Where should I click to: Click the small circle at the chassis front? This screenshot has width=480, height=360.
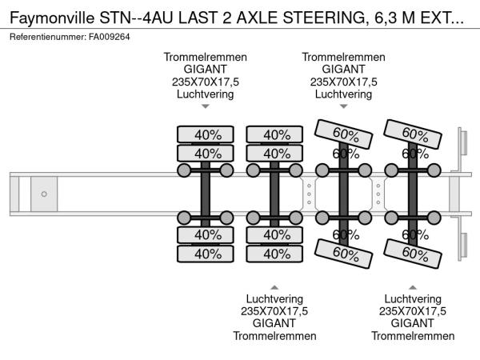[44, 194]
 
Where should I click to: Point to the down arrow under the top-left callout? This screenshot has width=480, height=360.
[205, 106]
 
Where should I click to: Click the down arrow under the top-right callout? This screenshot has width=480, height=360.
[343, 106]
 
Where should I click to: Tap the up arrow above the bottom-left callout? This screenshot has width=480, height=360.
[274, 286]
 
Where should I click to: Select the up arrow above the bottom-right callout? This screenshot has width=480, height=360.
[412, 286]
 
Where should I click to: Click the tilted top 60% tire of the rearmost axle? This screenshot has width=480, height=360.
[413, 133]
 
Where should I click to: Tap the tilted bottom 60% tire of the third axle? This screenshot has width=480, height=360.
[343, 254]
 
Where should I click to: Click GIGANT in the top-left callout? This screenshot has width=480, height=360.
[205, 70]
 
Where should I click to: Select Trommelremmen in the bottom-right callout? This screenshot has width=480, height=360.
[412, 335]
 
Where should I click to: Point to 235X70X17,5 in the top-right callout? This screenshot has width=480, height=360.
[343, 82]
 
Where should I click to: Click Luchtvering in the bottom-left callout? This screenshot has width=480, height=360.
[274, 299]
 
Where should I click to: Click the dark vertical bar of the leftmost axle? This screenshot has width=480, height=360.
[206, 194]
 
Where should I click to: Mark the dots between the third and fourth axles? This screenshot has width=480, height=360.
[378, 194]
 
